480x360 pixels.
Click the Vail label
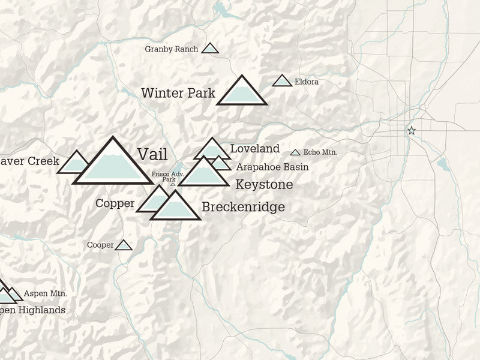click(152, 154)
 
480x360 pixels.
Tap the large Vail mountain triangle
click(112, 164)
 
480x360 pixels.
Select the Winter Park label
click(178, 93)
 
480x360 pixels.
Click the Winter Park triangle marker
click(241, 93)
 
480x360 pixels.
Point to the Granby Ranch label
click(172, 49)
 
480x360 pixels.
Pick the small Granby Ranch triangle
click(210, 49)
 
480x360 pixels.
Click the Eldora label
click(307, 82)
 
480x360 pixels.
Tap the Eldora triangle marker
click(282, 81)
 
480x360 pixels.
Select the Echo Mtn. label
click(320, 153)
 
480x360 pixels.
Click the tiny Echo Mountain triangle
click(295, 153)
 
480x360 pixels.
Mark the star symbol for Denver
click(412, 130)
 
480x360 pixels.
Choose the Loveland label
click(255, 148)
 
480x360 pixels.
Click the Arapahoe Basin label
click(272, 167)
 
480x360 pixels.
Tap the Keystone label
click(264, 184)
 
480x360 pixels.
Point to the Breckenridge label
click(243, 208)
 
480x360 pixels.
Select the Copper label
click(115, 203)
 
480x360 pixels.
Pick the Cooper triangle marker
click(124, 245)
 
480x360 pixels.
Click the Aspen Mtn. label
click(46, 293)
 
